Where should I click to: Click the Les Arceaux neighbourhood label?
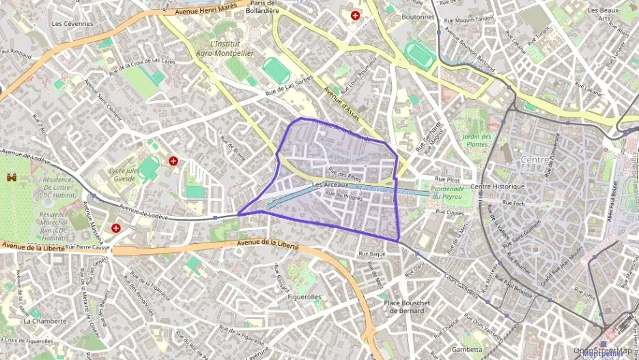(x=330, y=184)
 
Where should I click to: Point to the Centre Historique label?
(x=498, y=186)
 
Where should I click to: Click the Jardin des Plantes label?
(x=477, y=140)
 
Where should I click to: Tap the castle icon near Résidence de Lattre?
(x=11, y=178)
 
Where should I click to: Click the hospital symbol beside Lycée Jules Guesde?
(x=173, y=161)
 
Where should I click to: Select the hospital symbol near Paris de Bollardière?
(x=355, y=15)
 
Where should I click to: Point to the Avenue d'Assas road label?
(x=341, y=100)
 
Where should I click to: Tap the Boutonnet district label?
(x=418, y=17)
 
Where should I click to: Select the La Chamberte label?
(x=45, y=320)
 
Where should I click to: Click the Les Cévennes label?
(x=72, y=23)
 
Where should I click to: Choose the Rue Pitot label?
(x=447, y=179)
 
